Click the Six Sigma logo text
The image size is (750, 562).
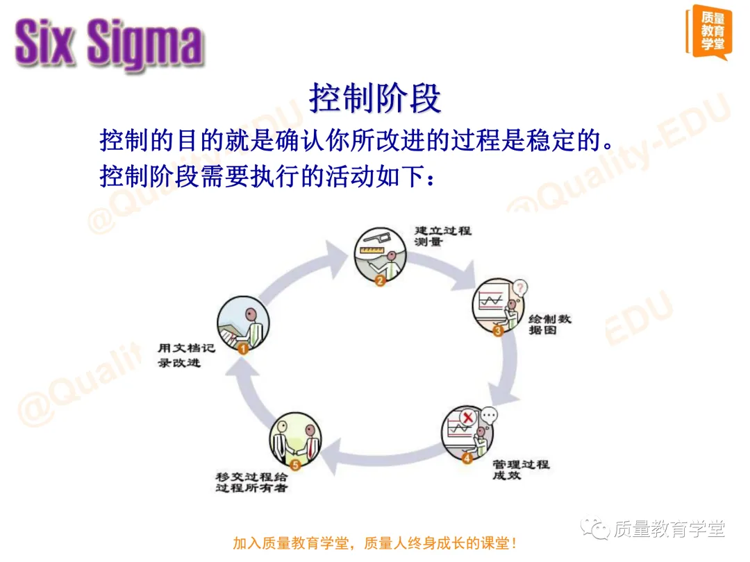(x=109, y=43)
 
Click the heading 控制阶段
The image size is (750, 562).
(x=375, y=99)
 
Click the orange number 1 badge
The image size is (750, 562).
(x=243, y=349)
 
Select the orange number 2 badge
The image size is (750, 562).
(x=380, y=280)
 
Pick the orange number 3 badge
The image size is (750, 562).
(x=498, y=331)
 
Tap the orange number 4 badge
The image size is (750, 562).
(x=467, y=457)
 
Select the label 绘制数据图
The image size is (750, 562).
(x=549, y=324)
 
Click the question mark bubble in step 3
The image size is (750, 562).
(x=519, y=287)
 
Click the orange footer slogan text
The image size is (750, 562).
(x=375, y=543)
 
